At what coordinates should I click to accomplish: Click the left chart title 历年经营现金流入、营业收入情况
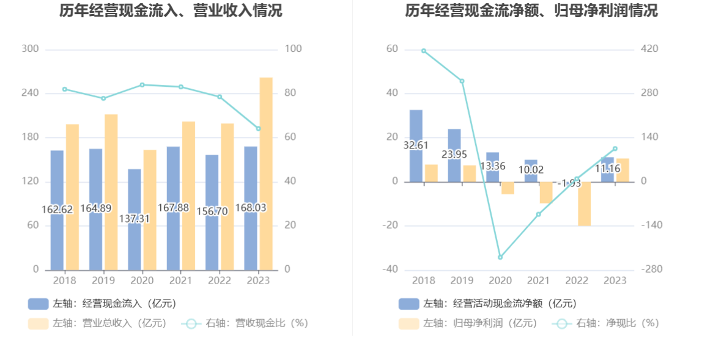[x=171, y=11]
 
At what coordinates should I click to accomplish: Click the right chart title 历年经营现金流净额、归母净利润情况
[x=531, y=11]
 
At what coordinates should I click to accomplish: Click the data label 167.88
[x=174, y=208]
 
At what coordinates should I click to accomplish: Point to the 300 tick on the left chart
[x=30, y=49]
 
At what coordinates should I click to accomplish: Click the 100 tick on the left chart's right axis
[x=294, y=49]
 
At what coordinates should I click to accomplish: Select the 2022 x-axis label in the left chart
[x=219, y=281]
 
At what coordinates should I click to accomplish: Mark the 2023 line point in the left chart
[x=258, y=128]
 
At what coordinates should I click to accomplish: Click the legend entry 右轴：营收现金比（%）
[x=245, y=323]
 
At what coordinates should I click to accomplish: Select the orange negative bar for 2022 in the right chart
[x=584, y=204]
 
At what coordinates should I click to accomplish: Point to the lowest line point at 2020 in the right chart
[x=500, y=257]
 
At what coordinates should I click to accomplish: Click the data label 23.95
[x=454, y=155]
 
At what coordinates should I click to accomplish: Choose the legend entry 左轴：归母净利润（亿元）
[x=468, y=323]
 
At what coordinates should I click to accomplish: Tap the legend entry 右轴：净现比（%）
[x=605, y=323]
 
